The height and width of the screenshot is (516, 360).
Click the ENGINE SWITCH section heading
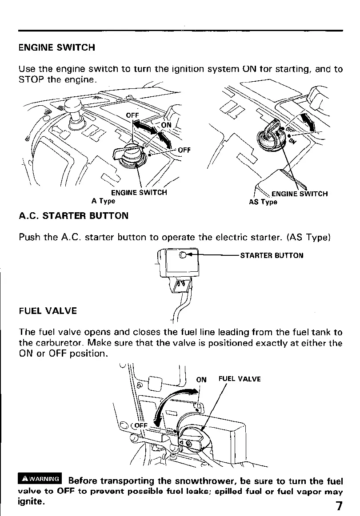(x=56, y=48)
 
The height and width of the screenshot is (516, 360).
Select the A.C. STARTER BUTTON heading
(x=73, y=216)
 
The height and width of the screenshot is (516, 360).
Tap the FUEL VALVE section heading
(x=48, y=311)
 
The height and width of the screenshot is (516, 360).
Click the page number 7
(x=339, y=506)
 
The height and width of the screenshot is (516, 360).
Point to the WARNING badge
(x=40, y=479)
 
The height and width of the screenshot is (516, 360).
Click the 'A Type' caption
(x=103, y=201)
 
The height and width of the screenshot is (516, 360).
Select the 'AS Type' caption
(x=263, y=202)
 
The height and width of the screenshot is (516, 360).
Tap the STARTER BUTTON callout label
(x=272, y=255)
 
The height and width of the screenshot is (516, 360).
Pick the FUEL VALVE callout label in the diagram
(x=239, y=379)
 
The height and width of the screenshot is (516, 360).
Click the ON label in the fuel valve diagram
(x=201, y=379)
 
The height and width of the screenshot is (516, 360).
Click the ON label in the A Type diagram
(x=166, y=125)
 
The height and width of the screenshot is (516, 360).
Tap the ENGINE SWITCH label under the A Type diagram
(x=139, y=193)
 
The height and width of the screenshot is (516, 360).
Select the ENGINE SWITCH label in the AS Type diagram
(x=299, y=194)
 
